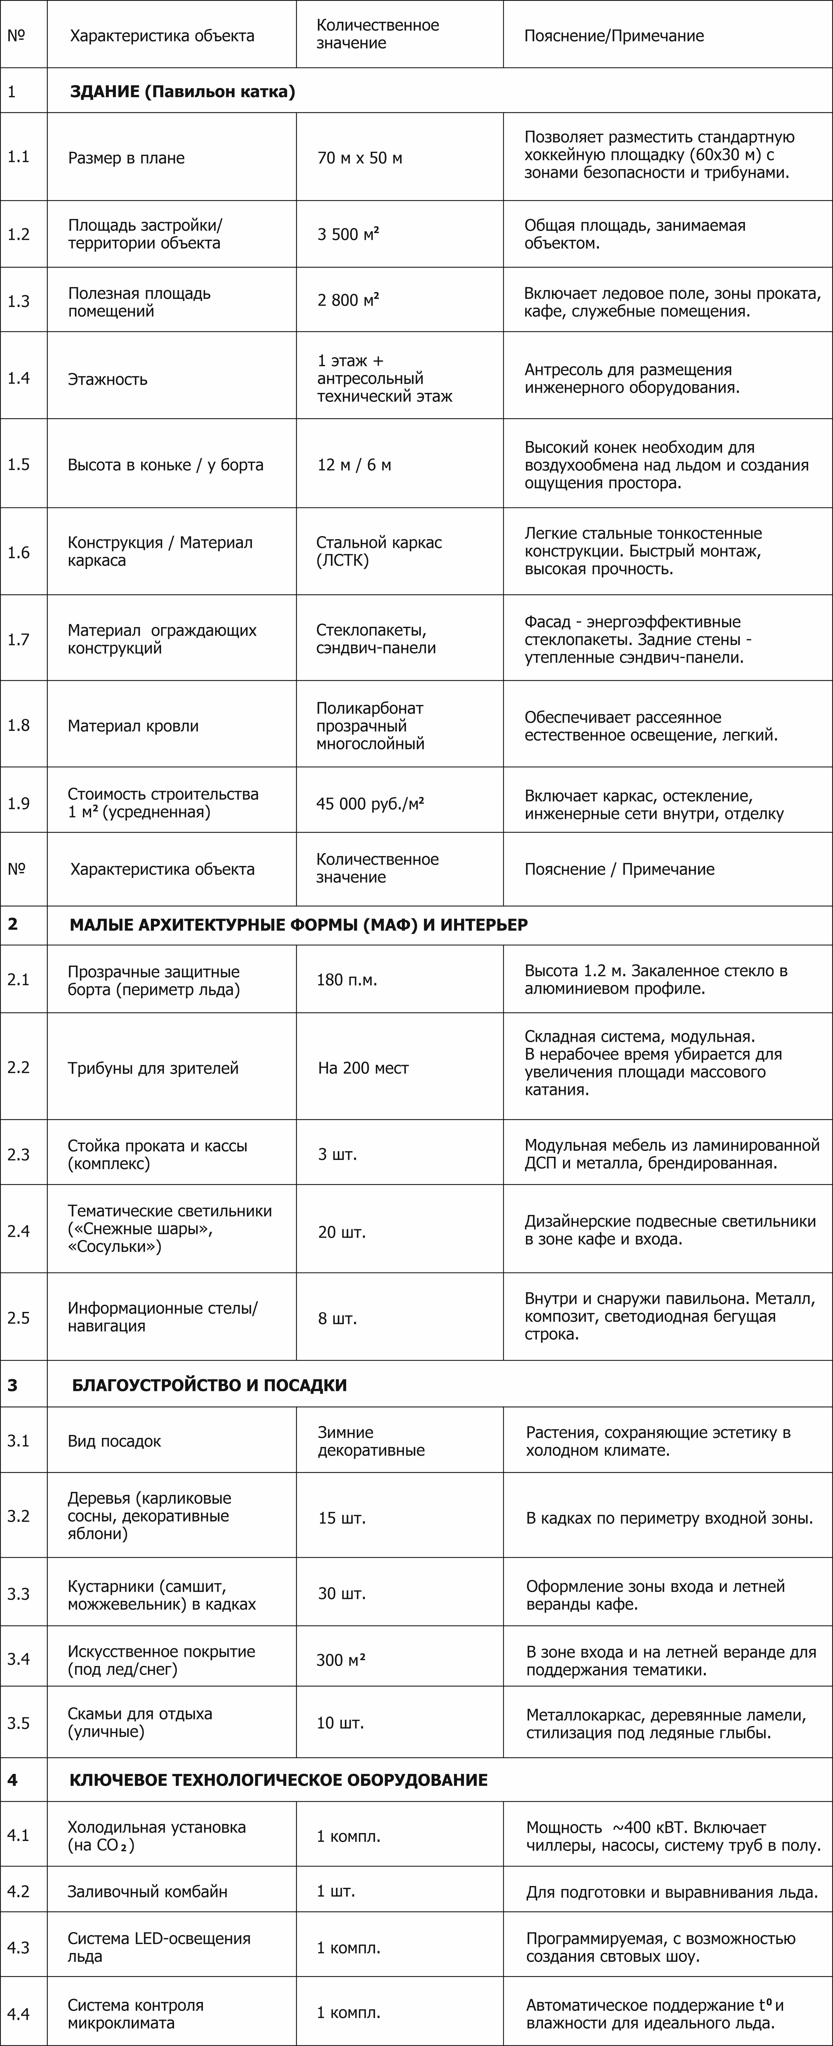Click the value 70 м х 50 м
[x=360, y=158]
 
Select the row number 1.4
[x=19, y=378]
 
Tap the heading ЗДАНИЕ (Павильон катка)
[x=183, y=91]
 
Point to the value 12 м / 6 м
[x=354, y=465]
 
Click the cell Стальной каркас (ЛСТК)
[x=379, y=551]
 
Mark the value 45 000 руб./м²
[x=370, y=803]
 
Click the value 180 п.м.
[x=347, y=979]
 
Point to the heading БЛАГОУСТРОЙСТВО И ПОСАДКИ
[x=210, y=1385]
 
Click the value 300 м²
[x=341, y=1660]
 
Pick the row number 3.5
[x=19, y=1723]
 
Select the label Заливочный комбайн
[x=148, y=1891]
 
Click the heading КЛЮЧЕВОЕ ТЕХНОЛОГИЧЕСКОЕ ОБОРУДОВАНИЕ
[x=279, y=1780]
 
